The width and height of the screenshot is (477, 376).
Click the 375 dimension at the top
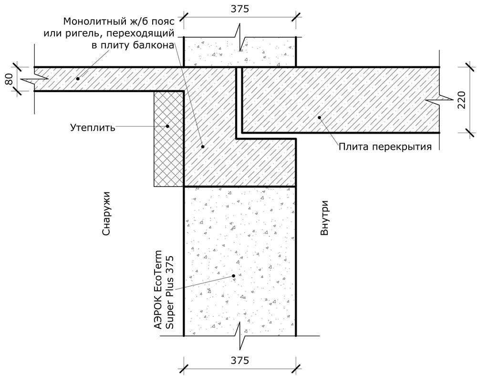point(239,9)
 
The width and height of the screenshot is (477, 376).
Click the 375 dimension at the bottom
point(239,360)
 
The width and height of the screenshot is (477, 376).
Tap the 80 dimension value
point(9,79)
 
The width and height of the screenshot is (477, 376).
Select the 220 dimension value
point(461,100)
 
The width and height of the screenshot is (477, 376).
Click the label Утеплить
point(93,127)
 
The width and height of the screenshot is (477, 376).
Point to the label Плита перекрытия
point(385,146)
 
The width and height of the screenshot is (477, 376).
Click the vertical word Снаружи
point(105,213)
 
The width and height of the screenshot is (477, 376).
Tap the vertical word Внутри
point(324,218)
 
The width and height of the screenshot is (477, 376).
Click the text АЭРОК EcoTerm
point(158,289)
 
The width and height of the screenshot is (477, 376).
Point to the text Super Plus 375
point(169,292)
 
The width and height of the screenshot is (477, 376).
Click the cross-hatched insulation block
point(168,139)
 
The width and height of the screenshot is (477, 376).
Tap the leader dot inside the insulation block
point(167,126)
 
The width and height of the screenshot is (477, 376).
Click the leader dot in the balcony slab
point(78,78)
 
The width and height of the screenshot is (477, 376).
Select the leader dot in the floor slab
point(320,117)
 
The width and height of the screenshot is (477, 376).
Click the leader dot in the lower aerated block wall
point(233,276)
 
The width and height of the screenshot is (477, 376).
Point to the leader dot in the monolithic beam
point(203,146)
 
